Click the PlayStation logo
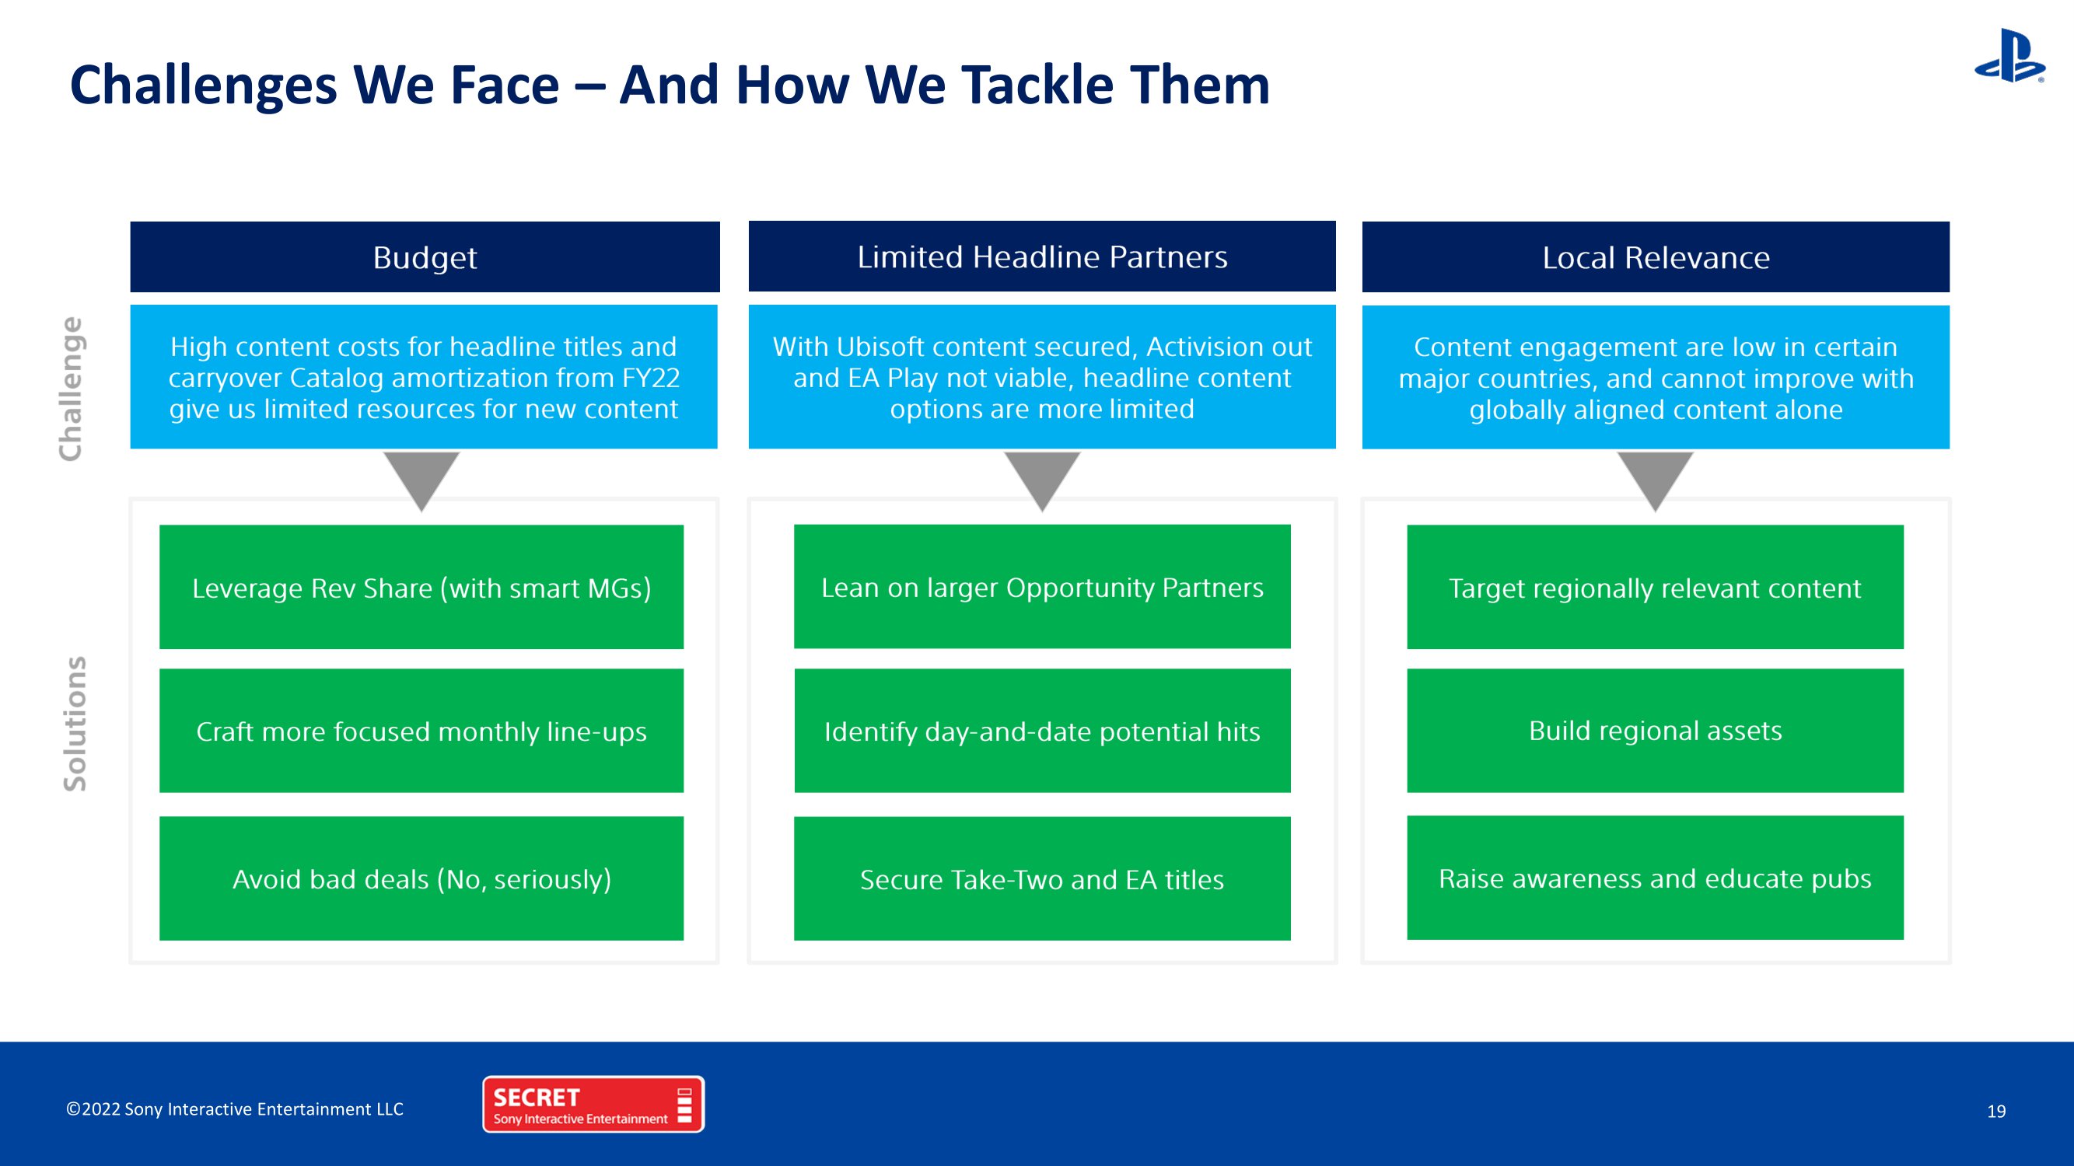coord(2009,55)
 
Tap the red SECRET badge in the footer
coord(593,1104)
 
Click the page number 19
coord(1996,1112)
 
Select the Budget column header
coord(425,257)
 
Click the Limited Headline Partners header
coord(1042,256)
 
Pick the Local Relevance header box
coord(1656,257)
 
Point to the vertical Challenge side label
coord(71,389)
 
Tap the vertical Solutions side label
coord(74,724)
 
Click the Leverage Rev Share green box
coord(421,587)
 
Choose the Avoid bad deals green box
coord(421,878)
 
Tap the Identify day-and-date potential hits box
coord(1042,731)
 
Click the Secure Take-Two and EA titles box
coord(1042,878)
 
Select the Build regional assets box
coord(1656,731)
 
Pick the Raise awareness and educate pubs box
coord(1656,877)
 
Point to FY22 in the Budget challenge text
coord(652,378)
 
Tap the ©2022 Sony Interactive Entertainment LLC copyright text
coord(234,1109)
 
